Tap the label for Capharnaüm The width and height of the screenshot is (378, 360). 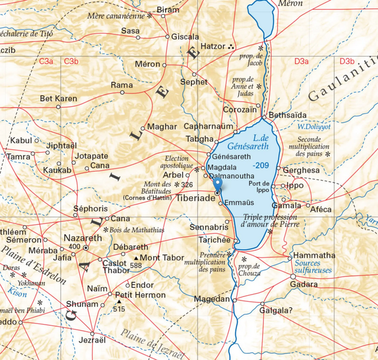click(x=209, y=127)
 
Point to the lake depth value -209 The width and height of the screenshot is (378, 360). click(x=260, y=165)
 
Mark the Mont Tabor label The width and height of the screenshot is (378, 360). click(x=158, y=258)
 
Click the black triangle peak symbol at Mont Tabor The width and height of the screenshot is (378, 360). click(x=135, y=259)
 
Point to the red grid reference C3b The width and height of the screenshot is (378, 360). click(x=71, y=61)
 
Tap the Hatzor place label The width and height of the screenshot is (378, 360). click(x=212, y=46)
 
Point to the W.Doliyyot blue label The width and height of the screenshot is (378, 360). click(x=313, y=127)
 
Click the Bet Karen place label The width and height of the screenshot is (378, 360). click(x=58, y=98)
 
